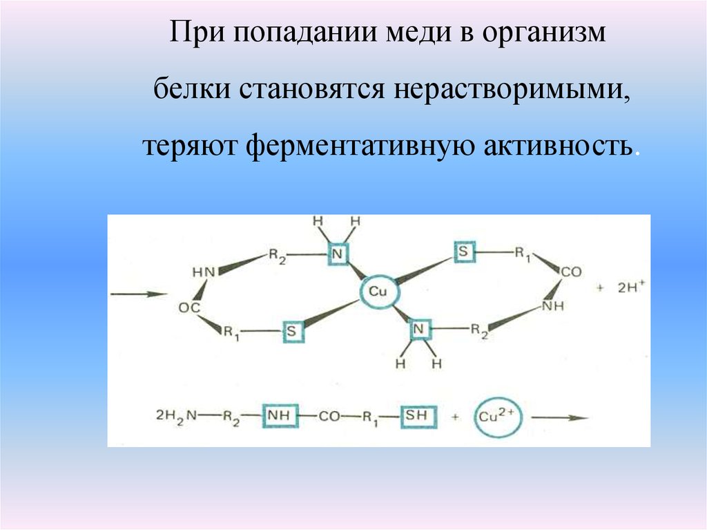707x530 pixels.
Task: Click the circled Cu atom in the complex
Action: pyautogui.click(x=379, y=292)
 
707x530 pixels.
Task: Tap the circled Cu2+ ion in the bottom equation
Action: pyautogui.click(x=498, y=417)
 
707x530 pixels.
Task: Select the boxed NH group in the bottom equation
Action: pyautogui.click(x=280, y=416)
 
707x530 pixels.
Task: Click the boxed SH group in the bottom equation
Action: pyautogui.click(x=418, y=416)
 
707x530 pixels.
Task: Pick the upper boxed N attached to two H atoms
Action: pyautogui.click(x=338, y=254)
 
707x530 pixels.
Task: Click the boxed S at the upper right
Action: pyautogui.click(x=464, y=252)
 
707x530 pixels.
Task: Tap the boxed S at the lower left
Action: pyautogui.click(x=293, y=332)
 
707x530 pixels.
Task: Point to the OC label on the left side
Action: pyautogui.click(x=189, y=308)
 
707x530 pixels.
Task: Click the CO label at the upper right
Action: pyautogui.click(x=571, y=272)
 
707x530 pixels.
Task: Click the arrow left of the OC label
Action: pyautogui.click(x=138, y=294)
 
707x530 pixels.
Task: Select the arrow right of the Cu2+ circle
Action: pyautogui.click(x=559, y=417)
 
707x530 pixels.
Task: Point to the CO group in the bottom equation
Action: pyautogui.click(x=329, y=416)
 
